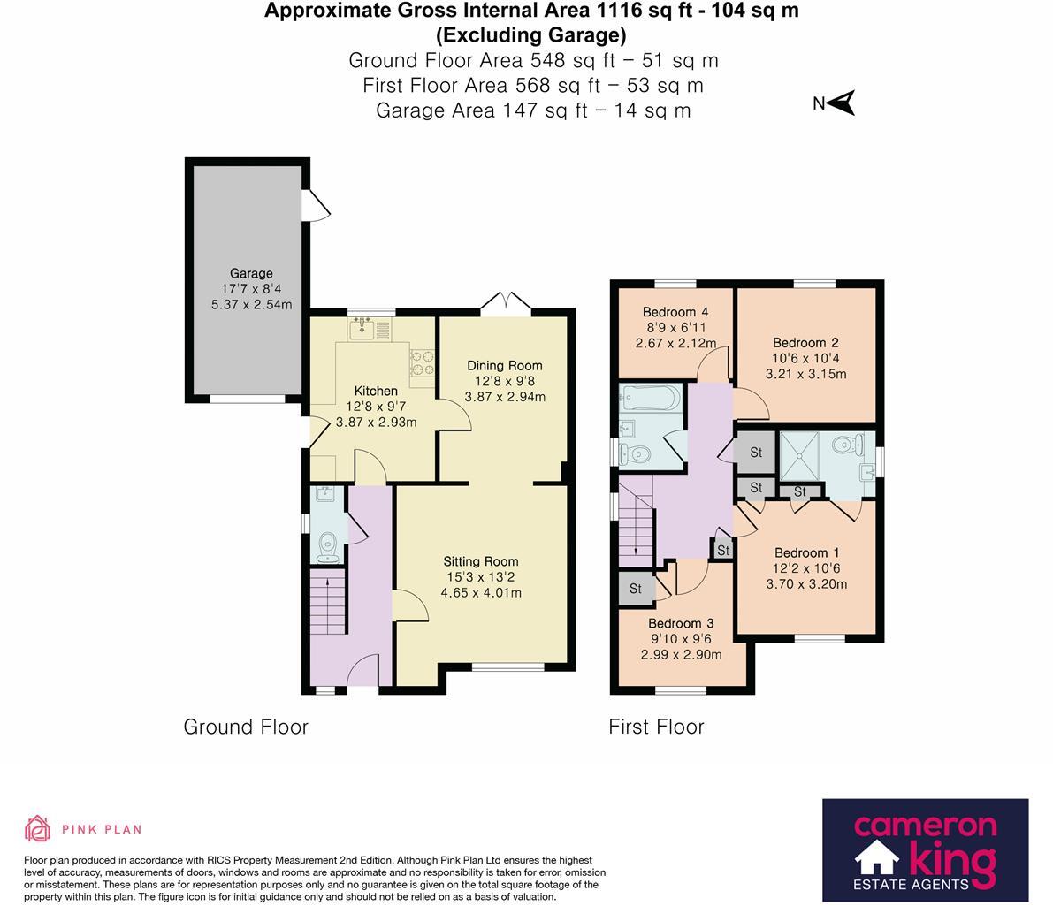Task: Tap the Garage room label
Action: (x=251, y=273)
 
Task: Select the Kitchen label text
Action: (x=376, y=391)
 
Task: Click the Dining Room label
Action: (x=504, y=366)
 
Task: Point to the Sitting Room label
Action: (x=480, y=561)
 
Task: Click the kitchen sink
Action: (x=362, y=329)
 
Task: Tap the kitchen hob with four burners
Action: (x=422, y=362)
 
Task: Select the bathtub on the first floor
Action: (x=651, y=399)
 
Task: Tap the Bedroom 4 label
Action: (x=675, y=312)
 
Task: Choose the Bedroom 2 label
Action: (x=805, y=343)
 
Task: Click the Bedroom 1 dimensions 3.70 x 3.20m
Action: (x=805, y=584)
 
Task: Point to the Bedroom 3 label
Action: (x=680, y=624)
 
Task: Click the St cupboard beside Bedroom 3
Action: (x=636, y=589)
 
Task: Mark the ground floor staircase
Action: (x=328, y=602)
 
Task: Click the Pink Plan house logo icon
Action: (x=38, y=829)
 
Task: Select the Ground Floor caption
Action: (x=246, y=727)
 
